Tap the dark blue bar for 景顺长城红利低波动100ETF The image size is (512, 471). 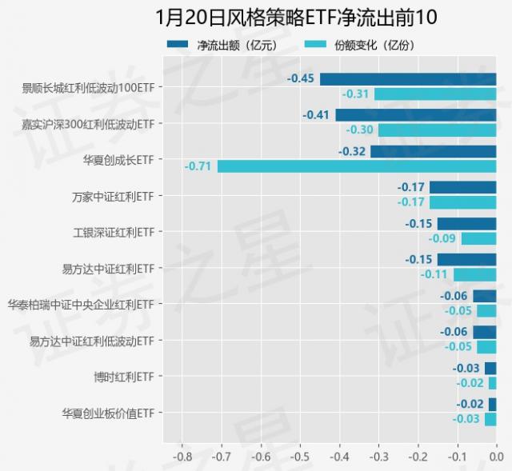click(408, 79)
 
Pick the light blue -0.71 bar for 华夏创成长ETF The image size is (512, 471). click(357, 166)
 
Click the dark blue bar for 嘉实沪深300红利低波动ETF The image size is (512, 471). click(416, 115)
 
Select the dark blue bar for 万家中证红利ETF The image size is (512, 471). click(462, 187)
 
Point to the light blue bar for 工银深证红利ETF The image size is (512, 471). click(478, 238)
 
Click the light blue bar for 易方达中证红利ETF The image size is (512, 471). click(474, 274)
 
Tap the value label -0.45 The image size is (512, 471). click(301, 79)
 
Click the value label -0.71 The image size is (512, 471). click(198, 166)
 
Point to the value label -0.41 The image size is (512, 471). click(317, 115)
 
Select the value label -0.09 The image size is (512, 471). click(442, 238)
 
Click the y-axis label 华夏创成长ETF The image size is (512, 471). click(118, 160)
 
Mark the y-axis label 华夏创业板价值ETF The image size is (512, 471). click(107, 413)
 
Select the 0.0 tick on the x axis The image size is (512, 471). click(496, 457)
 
